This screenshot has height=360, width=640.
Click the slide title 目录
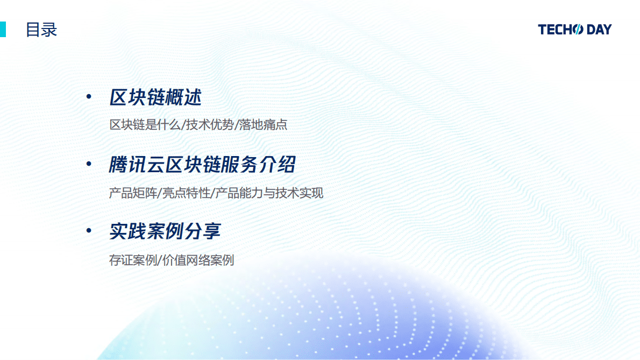(x=41, y=30)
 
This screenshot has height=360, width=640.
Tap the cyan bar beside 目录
(x=3, y=29)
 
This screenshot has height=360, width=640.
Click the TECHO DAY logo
(x=574, y=30)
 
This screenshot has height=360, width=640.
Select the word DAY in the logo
(x=599, y=30)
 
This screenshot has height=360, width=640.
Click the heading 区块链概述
(x=155, y=98)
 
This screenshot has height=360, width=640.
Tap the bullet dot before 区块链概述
(x=89, y=97)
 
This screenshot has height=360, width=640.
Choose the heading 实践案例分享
(x=165, y=231)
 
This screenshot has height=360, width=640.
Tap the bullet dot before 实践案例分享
(x=89, y=231)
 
